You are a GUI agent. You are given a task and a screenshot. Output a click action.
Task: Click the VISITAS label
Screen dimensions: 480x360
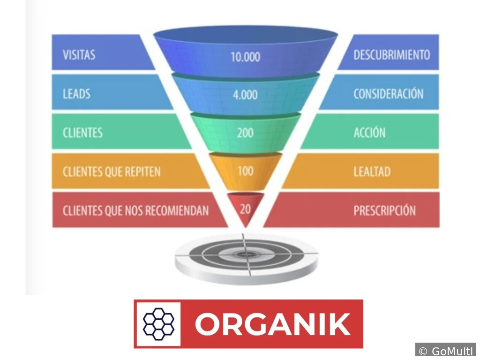(79, 55)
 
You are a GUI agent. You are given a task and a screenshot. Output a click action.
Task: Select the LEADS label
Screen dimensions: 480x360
(76, 94)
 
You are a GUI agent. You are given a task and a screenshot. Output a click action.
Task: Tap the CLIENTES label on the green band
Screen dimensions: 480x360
(82, 133)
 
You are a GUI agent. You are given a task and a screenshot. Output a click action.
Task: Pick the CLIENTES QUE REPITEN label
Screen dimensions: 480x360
(112, 172)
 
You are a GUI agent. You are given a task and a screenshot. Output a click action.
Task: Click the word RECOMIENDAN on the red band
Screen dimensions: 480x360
(177, 210)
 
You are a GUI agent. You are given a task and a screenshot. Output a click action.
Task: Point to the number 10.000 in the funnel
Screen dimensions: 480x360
(245, 57)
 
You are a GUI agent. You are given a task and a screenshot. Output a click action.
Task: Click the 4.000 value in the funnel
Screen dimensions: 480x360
(245, 95)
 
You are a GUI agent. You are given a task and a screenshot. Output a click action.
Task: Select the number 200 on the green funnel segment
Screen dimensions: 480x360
(245, 133)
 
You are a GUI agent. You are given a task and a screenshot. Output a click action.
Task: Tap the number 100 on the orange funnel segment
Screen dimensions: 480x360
(246, 171)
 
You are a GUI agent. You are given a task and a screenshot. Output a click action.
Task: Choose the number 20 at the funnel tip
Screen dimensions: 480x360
(246, 209)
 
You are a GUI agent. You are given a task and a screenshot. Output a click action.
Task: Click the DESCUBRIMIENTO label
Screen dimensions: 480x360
(392, 55)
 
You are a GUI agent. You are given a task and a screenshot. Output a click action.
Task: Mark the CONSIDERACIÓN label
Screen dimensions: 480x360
(389, 93)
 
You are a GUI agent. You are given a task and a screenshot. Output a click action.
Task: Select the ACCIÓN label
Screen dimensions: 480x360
(369, 132)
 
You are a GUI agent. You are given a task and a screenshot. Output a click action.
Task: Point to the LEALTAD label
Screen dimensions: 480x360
(372, 172)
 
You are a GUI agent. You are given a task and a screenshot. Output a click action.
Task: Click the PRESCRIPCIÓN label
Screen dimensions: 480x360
(384, 210)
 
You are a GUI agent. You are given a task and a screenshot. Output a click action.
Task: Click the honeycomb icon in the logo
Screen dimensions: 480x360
(158, 324)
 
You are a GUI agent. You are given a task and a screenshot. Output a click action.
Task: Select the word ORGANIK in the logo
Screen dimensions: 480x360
(273, 324)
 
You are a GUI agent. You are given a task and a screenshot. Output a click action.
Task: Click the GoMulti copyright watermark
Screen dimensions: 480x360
(445, 351)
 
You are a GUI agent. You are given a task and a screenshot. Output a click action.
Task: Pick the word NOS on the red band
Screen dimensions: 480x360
(133, 210)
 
